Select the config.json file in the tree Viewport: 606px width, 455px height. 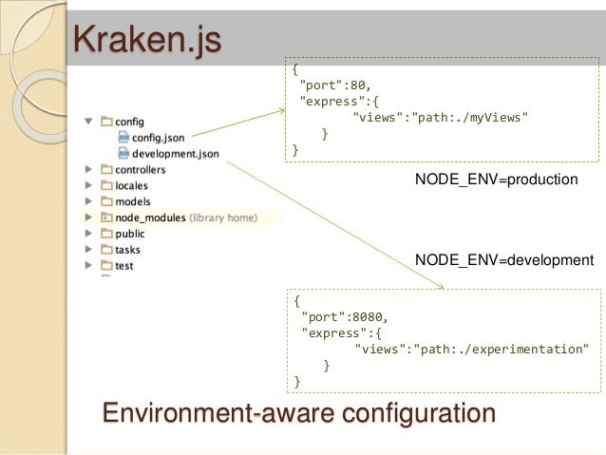coord(158,137)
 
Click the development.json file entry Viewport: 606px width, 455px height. coord(175,153)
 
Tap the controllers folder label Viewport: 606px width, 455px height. coord(140,170)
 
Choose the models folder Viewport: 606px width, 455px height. coord(132,201)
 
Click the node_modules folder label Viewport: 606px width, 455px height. coord(150,218)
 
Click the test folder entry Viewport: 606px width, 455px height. coord(123,266)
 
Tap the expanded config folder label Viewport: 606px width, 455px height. coord(129,122)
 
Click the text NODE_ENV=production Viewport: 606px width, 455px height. coord(497,179)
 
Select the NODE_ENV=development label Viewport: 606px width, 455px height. coord(504,259)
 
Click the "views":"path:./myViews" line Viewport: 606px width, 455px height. coord(440,117)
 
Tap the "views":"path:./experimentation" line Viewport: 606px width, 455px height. coord(471,349)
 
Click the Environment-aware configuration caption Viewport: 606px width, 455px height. coord(298,414)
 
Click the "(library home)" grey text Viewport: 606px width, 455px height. coord(223,218)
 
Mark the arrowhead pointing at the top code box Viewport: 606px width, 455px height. coord(281,110)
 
